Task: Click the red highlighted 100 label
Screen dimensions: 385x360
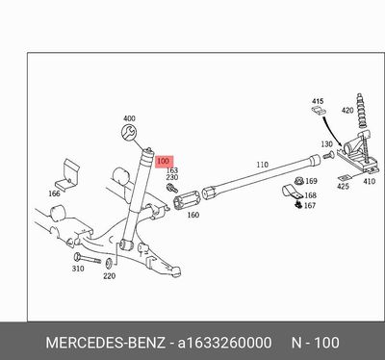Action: pos(165,162)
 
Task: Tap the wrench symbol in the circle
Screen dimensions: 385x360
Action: pos(129,133)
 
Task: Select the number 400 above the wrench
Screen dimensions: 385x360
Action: pos(129,118)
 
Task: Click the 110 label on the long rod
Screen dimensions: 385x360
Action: pos(262,165)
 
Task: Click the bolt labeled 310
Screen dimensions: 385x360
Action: pos(87,258)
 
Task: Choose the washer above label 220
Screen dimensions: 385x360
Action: pos(109,263)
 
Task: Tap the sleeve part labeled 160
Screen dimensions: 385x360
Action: pos(187,200)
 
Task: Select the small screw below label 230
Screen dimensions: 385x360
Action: pos(172,188)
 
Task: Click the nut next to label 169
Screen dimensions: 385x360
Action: pos(299,181)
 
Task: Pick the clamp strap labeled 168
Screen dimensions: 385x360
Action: pos(292,192)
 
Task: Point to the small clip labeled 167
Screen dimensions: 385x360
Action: pos(298,204)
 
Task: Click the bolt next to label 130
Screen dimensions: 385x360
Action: pos(328,156)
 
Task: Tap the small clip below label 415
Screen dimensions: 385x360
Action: pos(319,111)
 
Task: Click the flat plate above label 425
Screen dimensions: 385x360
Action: pos(346,177)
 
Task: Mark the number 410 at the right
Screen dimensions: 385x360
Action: pos(369,181)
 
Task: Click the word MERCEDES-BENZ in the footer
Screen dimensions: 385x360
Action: pos(106,343)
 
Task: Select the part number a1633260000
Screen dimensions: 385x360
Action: pos(224,343)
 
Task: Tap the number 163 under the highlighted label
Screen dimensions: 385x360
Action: pos(172,170)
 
